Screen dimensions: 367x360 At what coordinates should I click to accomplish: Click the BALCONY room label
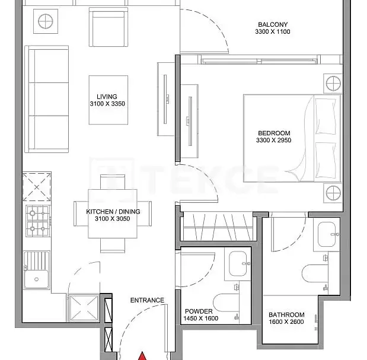pyautogui.click(x=273, y=24)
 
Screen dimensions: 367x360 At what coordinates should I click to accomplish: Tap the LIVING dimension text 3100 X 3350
pyautogui.click(x=107, y=104)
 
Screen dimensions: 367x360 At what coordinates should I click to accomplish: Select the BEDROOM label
pyautogui.click(x=274, y=133)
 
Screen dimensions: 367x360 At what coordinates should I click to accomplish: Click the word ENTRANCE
pyautogui.click(x=147, y=300)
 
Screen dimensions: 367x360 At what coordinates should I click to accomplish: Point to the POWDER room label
pyautogui.click(x=199, y=311)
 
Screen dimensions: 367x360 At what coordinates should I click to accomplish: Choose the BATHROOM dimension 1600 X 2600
pyautogui.click(x=286, y=321)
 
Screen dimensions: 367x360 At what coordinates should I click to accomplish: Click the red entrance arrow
pyautogui.click(x=142, y=356)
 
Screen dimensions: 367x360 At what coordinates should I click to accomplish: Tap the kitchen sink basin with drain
pyautogui.click(x=37, y=279)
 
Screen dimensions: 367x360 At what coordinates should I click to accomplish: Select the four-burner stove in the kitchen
pyautogui.click(x=38, y=221)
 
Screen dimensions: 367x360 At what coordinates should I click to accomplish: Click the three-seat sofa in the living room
pyautogui.click(x=47, y=99)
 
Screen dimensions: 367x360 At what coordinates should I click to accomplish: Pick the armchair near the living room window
pyautogui.click(x=108, y=27)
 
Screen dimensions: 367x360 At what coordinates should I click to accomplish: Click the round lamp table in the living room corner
pyautogui.click(x=46, y=21)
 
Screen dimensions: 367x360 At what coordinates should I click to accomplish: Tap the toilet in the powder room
pyautogui.click(x=226, y=303)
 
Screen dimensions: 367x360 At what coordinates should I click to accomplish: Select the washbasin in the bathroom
pyautogui.click(x=327, y=234)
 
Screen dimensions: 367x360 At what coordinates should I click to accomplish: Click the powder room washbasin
pyautogui.click(x=238, y=263)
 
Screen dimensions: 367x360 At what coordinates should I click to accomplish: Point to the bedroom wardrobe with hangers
pyautogui.click(x=218, y=227)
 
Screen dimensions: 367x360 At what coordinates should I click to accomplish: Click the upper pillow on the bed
pyautogui.click(x=326, y=116)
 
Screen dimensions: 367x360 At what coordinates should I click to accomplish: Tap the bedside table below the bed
pyautogui.click(x=333, y=193)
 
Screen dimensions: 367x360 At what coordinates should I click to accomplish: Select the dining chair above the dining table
pyautogui.click(x=113, y=181)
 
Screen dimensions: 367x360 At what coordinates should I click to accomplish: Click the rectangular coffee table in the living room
pyautogui.click(x=108, y=100)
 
